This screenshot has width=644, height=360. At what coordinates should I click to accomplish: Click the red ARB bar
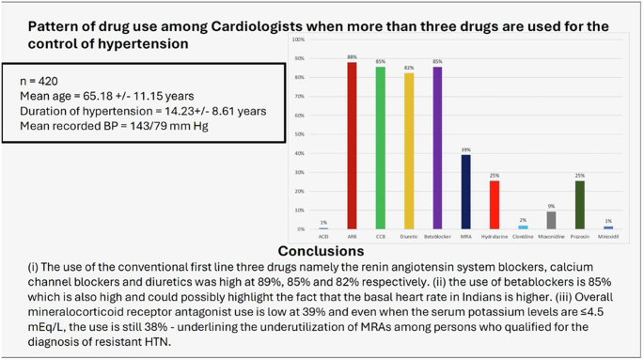[x=352, y=146]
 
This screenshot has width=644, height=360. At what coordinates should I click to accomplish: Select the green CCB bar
[x=380, y=149]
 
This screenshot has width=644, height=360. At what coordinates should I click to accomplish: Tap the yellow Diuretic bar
[x=409, y=151]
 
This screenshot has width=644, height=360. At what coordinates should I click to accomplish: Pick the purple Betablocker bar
[x=437, y=149]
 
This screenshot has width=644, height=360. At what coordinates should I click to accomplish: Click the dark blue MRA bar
[x=465, y=192]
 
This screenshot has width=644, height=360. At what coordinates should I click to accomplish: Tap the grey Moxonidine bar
[x=551, y=221]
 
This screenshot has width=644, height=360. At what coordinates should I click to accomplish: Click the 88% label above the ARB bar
[x=352, y=58]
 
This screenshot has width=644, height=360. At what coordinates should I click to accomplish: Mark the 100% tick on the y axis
[x=298, y=41]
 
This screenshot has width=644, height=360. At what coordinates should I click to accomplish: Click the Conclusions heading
[x=321, y=252]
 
